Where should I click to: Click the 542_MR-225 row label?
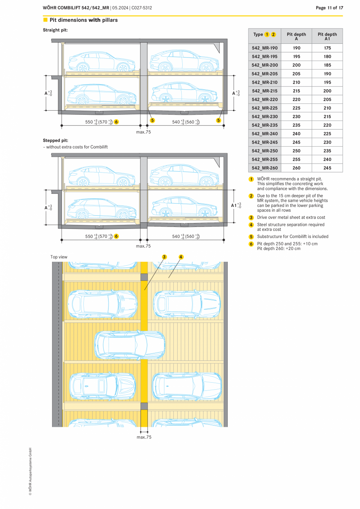[265, 108]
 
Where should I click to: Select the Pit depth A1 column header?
[327, 36]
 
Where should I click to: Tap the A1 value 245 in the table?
[327, 168]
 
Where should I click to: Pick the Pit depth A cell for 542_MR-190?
[296, 48]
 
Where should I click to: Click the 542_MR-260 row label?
[265, 168]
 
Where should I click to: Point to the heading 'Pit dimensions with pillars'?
[83, 20]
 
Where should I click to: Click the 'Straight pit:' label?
[56, 30]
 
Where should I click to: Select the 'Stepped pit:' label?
[56, 140]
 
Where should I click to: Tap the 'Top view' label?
[59, 257]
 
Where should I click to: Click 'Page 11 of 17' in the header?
[329, 8]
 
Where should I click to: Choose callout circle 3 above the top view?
[164, 257]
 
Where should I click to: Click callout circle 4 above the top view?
[181, 257]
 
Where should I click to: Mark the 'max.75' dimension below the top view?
[144, 437]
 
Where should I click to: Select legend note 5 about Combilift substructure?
[292, 236]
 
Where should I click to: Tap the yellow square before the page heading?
[45, 20]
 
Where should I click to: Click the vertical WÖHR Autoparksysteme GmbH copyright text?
[30, 471]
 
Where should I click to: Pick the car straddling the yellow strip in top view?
[130, 345]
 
